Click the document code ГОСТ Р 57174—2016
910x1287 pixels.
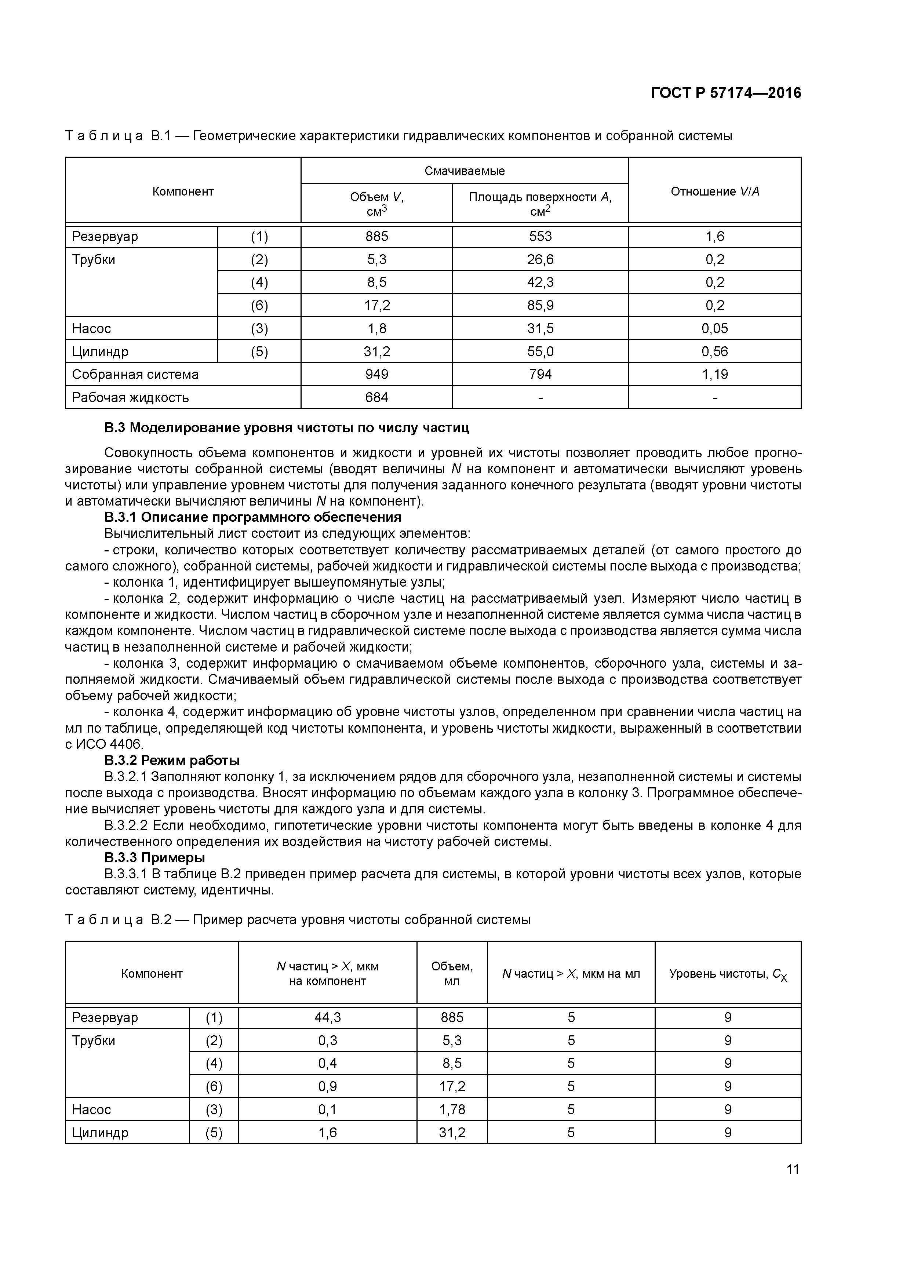pos(726,93)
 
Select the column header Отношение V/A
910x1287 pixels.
pos(715,192)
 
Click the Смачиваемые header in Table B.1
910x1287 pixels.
pos(464,171)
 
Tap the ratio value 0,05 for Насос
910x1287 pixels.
pos(714,328)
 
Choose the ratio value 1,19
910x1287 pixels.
pos(714,375)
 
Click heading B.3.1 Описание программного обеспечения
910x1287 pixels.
pos(252,517)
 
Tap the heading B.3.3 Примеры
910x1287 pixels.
pos(155,858)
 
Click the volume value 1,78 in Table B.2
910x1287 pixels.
pos(452,1110)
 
